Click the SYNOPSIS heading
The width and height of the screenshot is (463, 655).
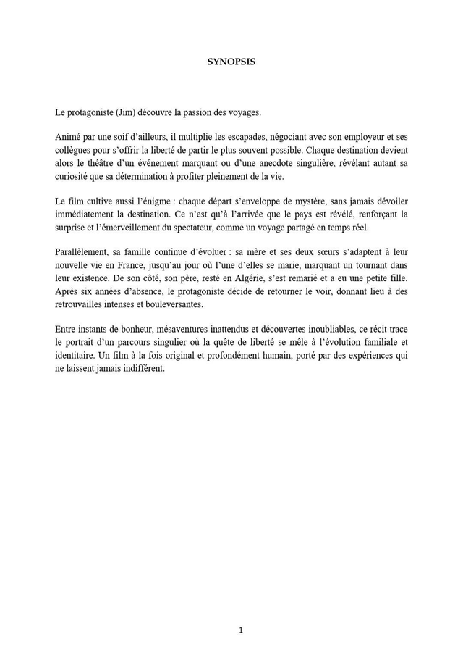click(231, 62)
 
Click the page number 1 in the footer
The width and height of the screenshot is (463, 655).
click(241, 630)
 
